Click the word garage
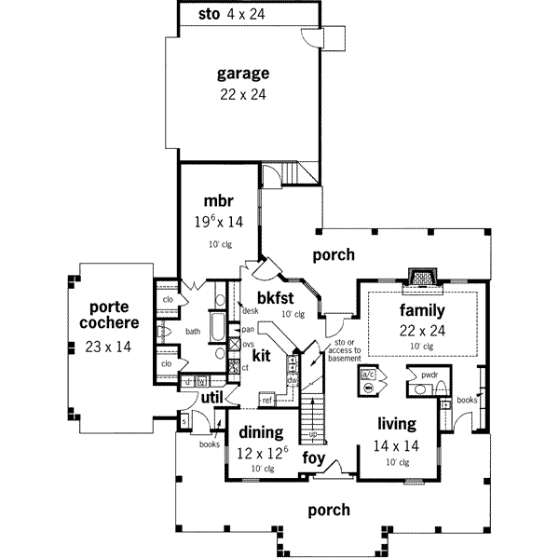point(243,72)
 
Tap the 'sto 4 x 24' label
point(234,14)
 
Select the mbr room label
point(217,201)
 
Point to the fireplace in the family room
point(422,278)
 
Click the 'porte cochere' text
point(114,315)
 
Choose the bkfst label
point(275,297)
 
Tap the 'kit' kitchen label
point(261,355)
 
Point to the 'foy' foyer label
point(312,459)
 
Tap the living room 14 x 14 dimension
point(396,447)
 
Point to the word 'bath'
point(193,331)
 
